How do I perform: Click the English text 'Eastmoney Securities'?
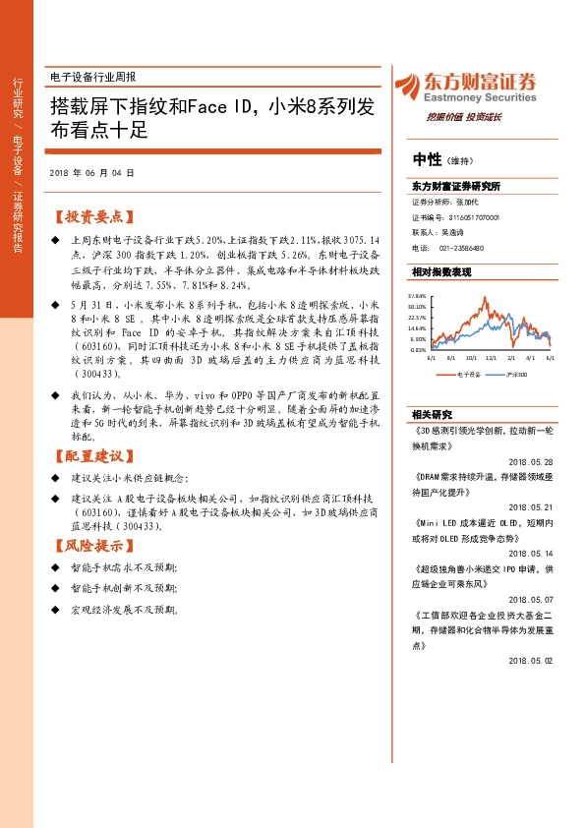(x=477, y=99)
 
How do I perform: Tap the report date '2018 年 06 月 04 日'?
(x=90, y=173)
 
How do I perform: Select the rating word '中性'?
(x=427, y=160)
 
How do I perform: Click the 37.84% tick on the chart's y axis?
(x=417, y=295)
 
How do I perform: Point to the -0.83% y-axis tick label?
(x=417, y=349)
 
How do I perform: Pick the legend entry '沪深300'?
(x=514, y=375)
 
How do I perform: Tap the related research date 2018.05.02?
(x=533, y=661)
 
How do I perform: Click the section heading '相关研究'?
(x=433, y=414)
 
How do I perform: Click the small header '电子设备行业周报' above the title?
(x=92, y=77)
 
